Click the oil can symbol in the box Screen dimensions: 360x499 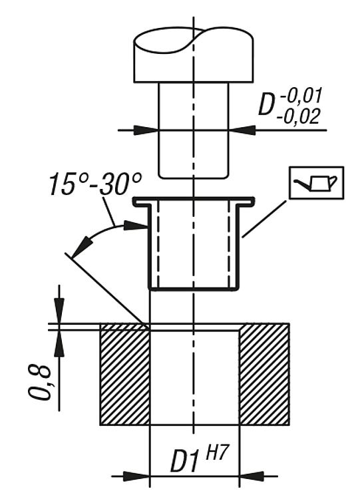316,183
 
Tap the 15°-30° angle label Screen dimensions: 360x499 95,184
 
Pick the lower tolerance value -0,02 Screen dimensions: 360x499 298,116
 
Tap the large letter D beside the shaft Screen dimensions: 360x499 267,104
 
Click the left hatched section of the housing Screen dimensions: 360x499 125,374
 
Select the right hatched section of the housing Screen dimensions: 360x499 264,374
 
